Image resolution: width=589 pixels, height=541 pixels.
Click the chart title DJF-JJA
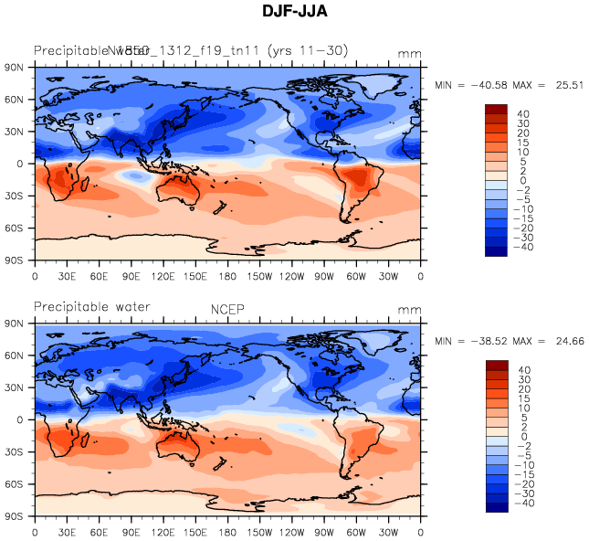click(295, 12)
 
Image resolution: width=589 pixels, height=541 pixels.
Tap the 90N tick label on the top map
click(15, 68)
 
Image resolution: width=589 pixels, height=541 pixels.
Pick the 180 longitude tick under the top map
click(228, 275)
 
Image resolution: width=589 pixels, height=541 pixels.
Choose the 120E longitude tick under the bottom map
click(163, 532)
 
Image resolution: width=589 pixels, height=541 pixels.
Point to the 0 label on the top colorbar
click(525, 181)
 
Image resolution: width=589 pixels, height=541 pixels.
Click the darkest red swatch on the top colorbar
click(496, 110)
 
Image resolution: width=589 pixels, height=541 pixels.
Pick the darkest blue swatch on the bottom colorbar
click(496, 508)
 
